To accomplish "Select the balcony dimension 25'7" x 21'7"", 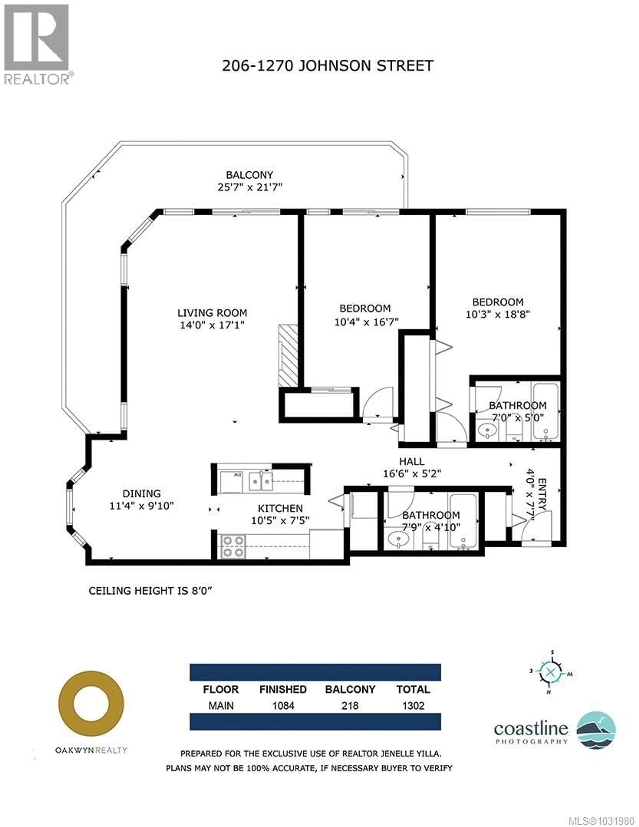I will tap(250, 187).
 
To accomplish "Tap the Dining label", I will tap(142, 493).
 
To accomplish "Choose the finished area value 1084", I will tap(283, 706).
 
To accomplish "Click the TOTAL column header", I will tap(413, 689).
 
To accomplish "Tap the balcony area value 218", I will tap(350, 706).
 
